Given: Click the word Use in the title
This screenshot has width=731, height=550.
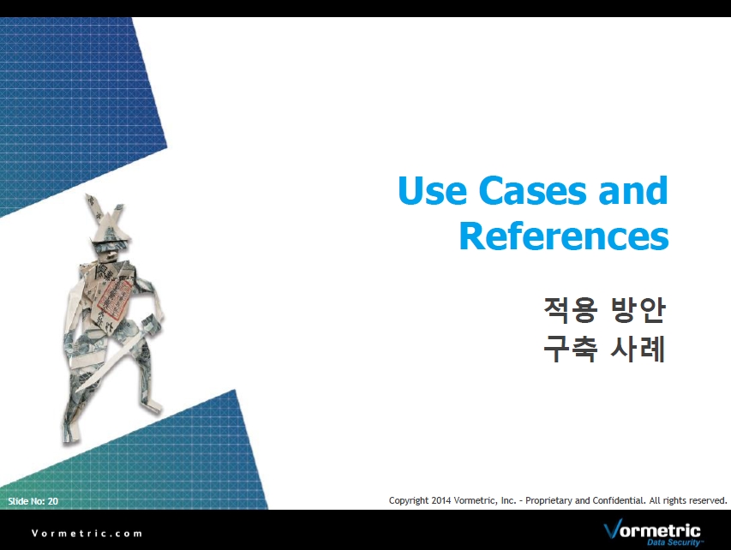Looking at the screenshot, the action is pyautogui.click(x=432, y=190).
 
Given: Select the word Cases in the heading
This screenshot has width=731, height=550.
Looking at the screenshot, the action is pyautogui.click(x=532, y=190).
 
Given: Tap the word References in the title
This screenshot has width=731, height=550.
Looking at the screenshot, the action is pyautogui.click(x=564, y=236).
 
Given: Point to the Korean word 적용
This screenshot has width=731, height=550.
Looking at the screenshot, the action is pyautogui.click(x=571, y=310).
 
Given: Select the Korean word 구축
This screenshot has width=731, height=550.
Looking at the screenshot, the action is pyautogui.click(x=571, y=349).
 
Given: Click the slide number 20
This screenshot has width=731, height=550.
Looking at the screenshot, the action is pyautogui.click(x=52, y=501).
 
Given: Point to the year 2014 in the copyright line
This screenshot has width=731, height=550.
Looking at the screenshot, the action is pyautogui.click(x=441, y=500).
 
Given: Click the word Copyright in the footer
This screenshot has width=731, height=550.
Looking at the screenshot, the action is pyautogui.click(x=409, y=501).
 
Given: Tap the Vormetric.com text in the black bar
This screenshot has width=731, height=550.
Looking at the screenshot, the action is pyautogui.click(x=87, y=533).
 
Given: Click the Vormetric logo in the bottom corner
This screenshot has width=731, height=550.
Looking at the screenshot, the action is pyautogui.click(x=652, y=532).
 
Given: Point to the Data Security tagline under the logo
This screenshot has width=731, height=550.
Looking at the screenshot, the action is pyautogui.click(x=674, y=542).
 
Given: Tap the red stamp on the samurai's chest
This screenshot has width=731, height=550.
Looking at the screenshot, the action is pyautogui.click(x=114, y=297).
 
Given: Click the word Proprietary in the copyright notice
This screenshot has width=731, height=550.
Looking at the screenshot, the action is pyautogui.click(x=548, y=501).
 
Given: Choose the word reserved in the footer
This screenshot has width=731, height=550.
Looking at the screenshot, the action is pyautogui.click(x=708, y=500).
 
